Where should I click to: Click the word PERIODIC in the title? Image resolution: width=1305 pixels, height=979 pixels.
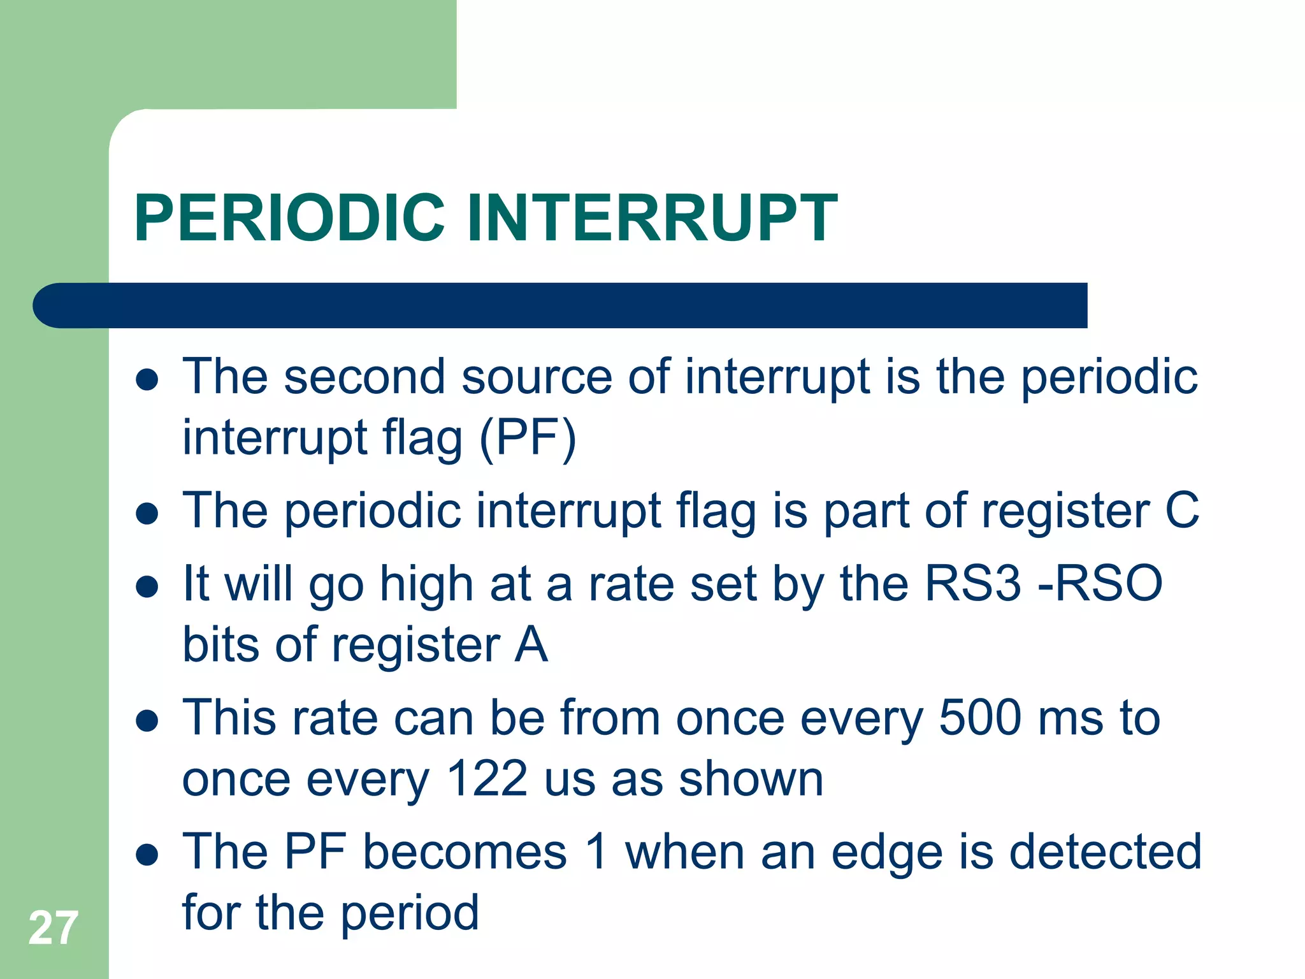(x=290, y=218)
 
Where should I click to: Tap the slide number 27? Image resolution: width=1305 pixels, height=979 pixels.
(x=54, y=928)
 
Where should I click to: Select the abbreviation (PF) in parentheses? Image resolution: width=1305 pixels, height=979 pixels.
(x=528, y=439)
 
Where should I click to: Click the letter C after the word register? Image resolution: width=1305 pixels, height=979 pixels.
(x=1182, y=511)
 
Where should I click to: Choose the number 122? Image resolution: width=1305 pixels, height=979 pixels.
(x=487, y=779)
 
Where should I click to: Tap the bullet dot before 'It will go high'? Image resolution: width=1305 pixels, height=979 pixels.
(x=147, y=586)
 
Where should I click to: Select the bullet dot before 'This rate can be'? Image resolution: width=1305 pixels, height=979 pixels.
(x=147, y=721)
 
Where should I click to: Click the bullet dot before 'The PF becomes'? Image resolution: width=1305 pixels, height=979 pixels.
(x=147, y=855)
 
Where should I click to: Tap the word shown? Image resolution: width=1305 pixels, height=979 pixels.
(x=751, y=779)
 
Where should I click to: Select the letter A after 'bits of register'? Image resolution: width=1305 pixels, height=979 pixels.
(x=531, y=645)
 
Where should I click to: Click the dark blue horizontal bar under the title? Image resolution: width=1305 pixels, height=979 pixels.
(x=561, y=305)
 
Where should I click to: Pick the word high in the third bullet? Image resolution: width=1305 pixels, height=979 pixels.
(x=426, y=584)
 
